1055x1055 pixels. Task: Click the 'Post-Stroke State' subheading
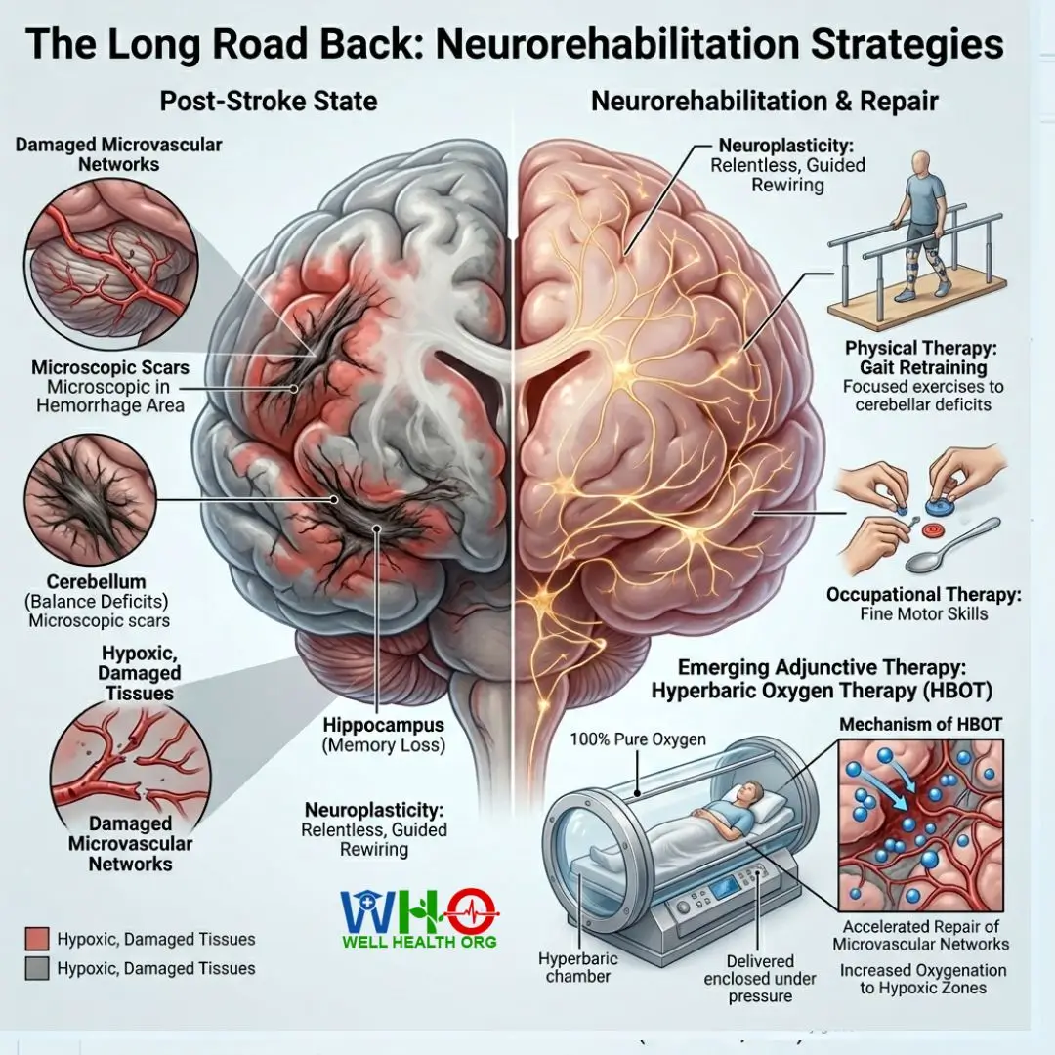[269, 101]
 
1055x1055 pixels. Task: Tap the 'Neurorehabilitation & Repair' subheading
[764, 101]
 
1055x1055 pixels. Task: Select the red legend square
[37, 939]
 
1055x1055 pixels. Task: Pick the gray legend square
[37, 968]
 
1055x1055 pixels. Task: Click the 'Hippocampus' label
[384, 725]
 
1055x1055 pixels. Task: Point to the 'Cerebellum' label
[96, 581]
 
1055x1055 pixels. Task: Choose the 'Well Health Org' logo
[419, 918]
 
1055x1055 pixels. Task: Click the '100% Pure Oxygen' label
[638, 739]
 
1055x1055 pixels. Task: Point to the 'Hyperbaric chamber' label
[578, 967]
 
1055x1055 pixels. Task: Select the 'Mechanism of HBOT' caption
[920, 724]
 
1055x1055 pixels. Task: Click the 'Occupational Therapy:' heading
[924, 595]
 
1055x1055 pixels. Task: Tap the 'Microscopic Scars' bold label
[110, 367]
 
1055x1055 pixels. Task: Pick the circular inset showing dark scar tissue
[90, 498]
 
